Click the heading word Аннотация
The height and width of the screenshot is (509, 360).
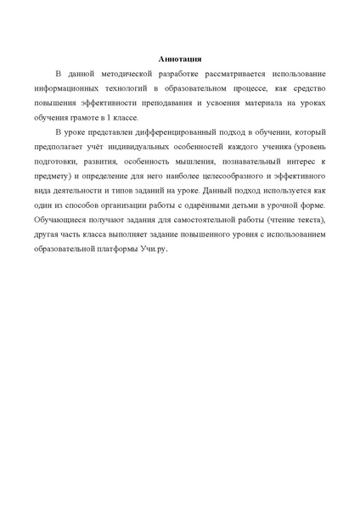[x=180, y=59]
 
